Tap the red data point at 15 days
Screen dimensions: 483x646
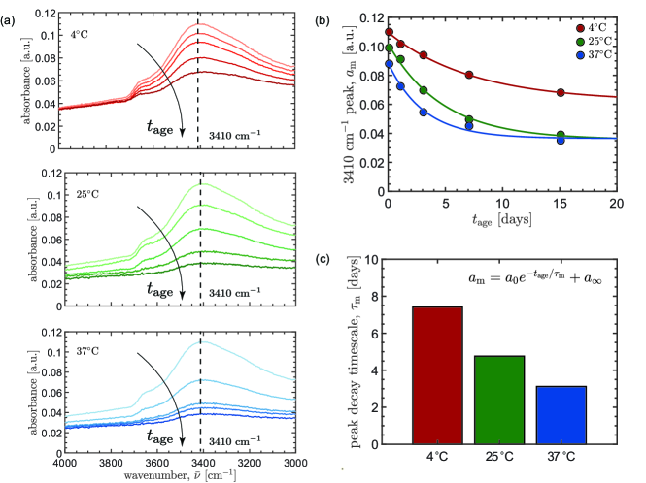[561, 93]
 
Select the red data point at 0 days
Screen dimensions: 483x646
[389, 32]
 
